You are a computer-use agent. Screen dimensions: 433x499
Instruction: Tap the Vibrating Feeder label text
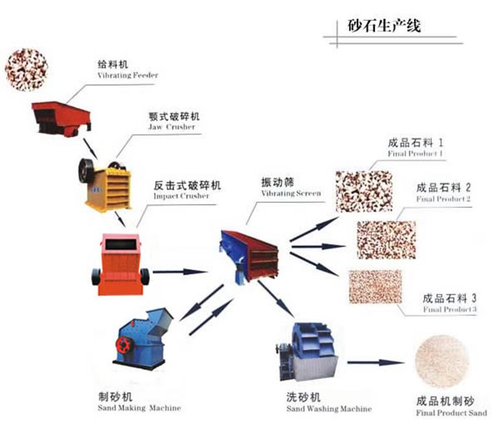[x=127, y=75]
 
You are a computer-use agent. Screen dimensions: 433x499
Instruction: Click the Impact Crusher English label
[x=181, y=196]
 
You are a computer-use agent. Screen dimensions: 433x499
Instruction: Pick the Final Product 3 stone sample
[x=375, y=285]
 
